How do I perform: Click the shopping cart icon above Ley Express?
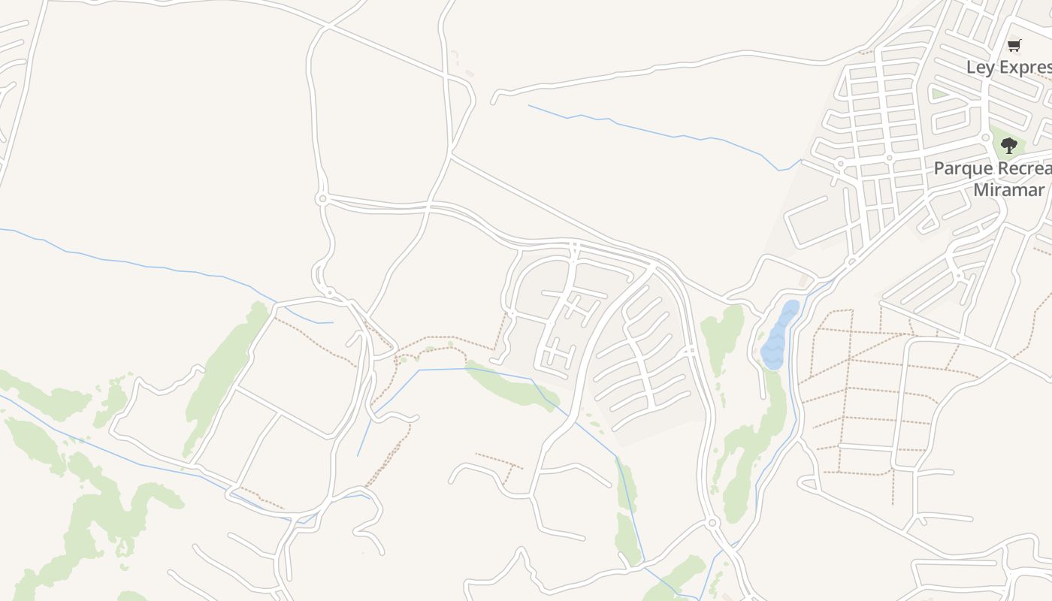1014,45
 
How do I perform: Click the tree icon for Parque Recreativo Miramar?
1009,145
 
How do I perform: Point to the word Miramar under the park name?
1008,190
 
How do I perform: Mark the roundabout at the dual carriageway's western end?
322,199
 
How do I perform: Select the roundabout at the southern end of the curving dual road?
712,522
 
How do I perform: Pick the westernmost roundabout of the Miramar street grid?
840,163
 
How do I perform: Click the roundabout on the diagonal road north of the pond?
851,262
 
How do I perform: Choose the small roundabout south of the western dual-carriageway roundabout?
329,291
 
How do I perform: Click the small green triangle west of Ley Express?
939,94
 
